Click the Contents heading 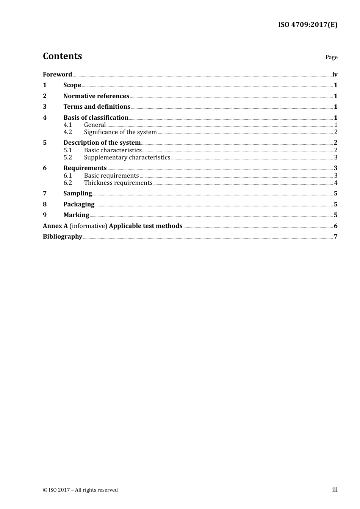point(62,56)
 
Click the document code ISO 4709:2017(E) point(307,25)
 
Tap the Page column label point(331,57)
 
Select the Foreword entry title point(57,75)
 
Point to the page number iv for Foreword point(335,75)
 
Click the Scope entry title point(72,85)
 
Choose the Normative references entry point(96,96)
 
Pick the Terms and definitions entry point(97,107)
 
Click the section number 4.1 point(67,125)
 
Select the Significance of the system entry point(120,132)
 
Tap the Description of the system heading point(102,143)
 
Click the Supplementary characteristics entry point(127,158)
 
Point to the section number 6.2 point(67,183)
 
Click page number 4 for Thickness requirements point(336,183)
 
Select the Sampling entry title point(77,194)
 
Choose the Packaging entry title point(79,205)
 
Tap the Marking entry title point(76,215)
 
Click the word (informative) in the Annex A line point(88,226)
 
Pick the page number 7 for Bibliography point(335,237)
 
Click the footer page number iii point(335,490)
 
